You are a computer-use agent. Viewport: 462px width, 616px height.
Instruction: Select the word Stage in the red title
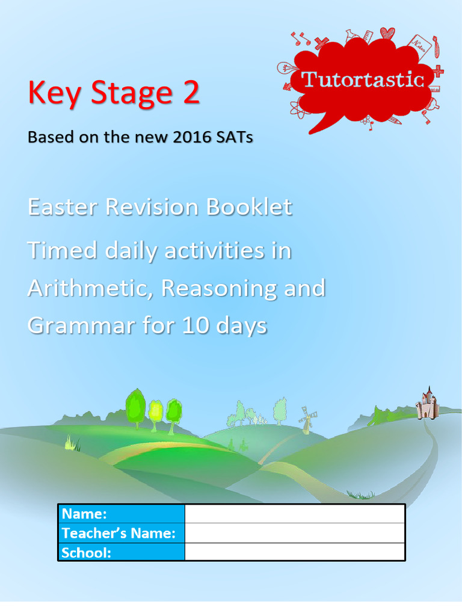(x=128, y=94)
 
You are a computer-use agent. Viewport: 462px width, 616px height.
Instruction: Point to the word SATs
(x=234, y=137)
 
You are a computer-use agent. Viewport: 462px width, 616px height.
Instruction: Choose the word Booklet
(x=249, y=207)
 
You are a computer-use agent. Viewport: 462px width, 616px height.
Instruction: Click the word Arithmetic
(x=90, y=289)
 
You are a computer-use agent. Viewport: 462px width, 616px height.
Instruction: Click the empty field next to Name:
(x=294, y=514)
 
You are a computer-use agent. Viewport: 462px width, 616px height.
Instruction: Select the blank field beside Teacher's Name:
(x=294, y=533)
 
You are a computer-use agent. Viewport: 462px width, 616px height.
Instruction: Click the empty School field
(x=294, y=552)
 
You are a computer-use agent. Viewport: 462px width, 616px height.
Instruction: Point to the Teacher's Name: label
(x=119, y=533)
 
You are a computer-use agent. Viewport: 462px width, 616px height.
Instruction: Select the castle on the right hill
(x=427, y=404)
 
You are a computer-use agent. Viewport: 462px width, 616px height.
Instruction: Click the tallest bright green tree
(x=135, y=406)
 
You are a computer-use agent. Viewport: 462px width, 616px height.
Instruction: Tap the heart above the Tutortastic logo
(x=387, y=34)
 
